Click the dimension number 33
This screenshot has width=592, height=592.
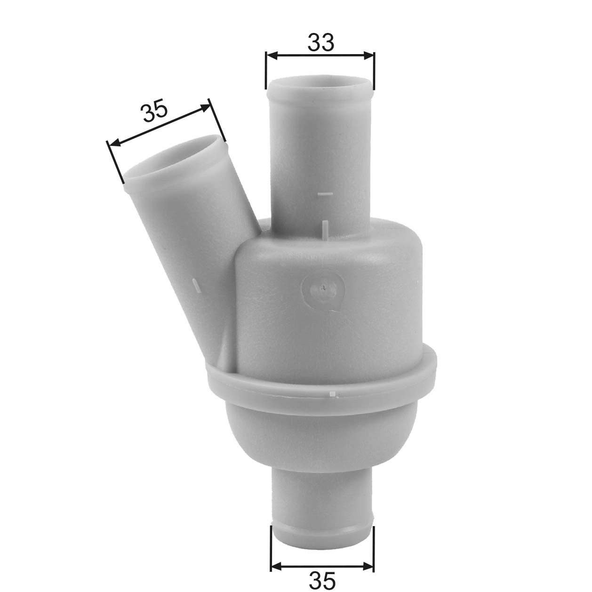point(321,42)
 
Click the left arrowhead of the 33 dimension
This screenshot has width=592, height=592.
point(271,56)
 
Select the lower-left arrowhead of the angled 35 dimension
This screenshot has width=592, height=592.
point(113,144)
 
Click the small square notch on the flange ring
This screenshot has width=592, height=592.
point(333,394)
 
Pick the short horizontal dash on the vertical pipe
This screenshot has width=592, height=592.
point(326,193)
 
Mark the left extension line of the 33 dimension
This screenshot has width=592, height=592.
point(266,71)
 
